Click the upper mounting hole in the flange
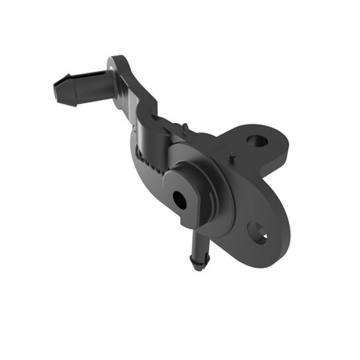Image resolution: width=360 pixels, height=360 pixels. click(x=257, y=141)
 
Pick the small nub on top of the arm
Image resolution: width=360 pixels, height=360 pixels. click(x=187, y=126)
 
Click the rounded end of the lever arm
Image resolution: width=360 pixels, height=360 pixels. click(x=119, y=66)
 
